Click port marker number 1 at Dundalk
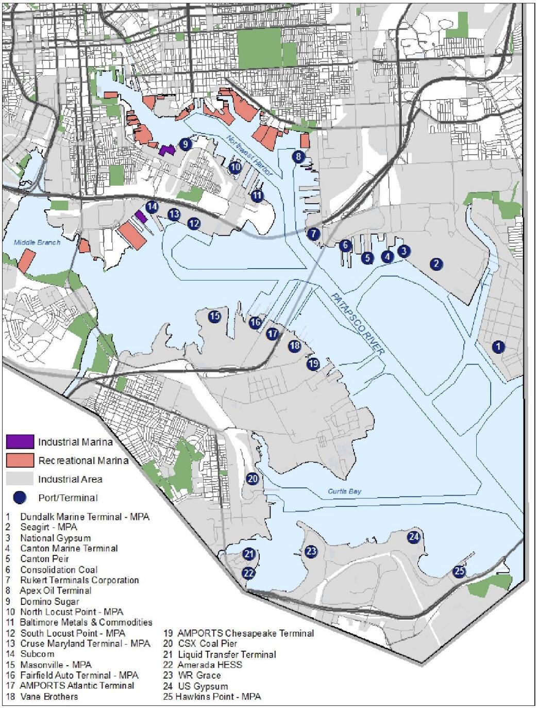pyautogui.click(x=498, y=347)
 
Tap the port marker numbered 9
pyautogui.click(x=186, y=144)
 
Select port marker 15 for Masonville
pyautogui.click(x=214, y=316)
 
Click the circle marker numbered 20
pyautogui.click(x=252, y=479)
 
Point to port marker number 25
pyautogui.click(x=459, y=571)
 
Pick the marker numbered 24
pyautogui.click(x=414, y=536)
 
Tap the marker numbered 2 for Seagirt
pyautogui.click(x=436, y=264)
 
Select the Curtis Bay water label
pyautogui.click(x=344, y=491)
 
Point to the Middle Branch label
pyautogui.click(x=37, y=242)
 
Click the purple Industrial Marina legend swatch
pyautogui.click(x=20, y=442)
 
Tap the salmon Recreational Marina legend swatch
pyautogui.click(x=20, y=460)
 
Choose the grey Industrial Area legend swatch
pyautogui.click(x=20, y=479)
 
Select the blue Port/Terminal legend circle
pyautogui.click(x=20, y=497)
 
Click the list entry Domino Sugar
pyautogui.click(x=49, y=601)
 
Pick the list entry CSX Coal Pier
pyautogui.click(x=207, y=644)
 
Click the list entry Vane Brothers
pyautogui.click(x=49, y=696)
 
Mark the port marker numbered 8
pyautogui.click(x=298, y=156)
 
